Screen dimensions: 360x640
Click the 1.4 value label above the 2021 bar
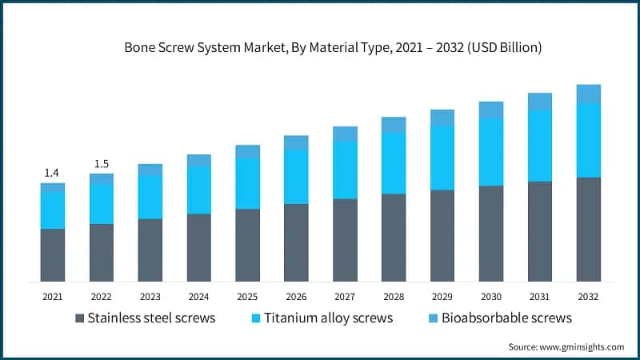click(52, 173)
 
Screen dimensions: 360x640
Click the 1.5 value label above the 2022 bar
click(102, 164)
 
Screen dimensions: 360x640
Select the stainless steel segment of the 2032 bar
click(589, 229)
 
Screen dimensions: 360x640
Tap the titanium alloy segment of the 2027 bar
click(345, 170)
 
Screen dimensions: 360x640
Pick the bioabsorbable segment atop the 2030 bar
click(491, 110)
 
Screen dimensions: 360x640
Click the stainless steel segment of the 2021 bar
click(53, 254)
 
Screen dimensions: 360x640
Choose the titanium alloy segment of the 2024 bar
click(199, 190)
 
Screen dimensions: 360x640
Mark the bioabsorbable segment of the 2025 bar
click(248, 151)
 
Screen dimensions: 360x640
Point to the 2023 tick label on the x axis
click(150, 297)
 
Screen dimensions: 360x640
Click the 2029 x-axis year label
click(442, 297)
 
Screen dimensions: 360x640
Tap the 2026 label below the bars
click(296, 297)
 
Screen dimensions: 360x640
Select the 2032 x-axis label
click(589, 297)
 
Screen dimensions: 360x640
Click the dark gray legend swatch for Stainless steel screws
click(79, 318)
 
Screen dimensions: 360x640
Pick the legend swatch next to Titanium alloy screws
click(256, 318)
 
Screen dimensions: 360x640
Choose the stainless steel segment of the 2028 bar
click(394, 238)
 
